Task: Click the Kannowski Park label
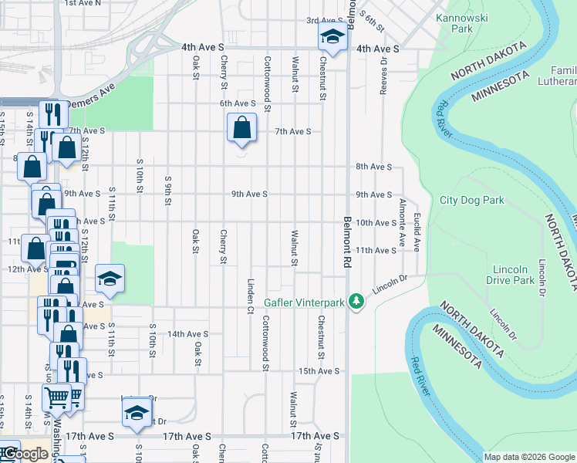pyautogui.click(x=461, y=23)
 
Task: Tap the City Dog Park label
pyautogui.click(x=471, y=201)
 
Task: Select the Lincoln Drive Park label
pyautogui.click(x=513, y=275)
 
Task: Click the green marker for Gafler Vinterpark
pyautogui.click(x=356, y=301)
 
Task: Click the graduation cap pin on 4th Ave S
pyautogui.click(x=332, y=36)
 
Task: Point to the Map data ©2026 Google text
pyautogui.click(x=529, y=457)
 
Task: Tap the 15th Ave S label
pyautogui.click(x=319, y=371)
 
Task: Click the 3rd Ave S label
pyautogui.click(x=324, y=21)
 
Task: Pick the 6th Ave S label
pyautogui.click(x=237, y=103)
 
